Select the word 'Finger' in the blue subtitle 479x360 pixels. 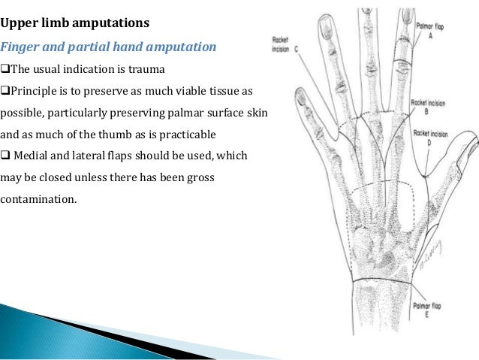pyautogui.click(x=20, y=47)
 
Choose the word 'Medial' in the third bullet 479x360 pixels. pyautogui.click(x=34, y=156)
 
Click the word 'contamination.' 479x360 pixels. pyautogui.click(x=38, y=200)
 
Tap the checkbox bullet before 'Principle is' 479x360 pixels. pyautogui.click(x=5, y=91)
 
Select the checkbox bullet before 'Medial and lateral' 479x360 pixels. pyautogui.click(x=5, y=156)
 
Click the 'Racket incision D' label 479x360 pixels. pyautogui.click(x=431, y=138)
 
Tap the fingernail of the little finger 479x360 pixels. pyautogui.click(x=300, y=96)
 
